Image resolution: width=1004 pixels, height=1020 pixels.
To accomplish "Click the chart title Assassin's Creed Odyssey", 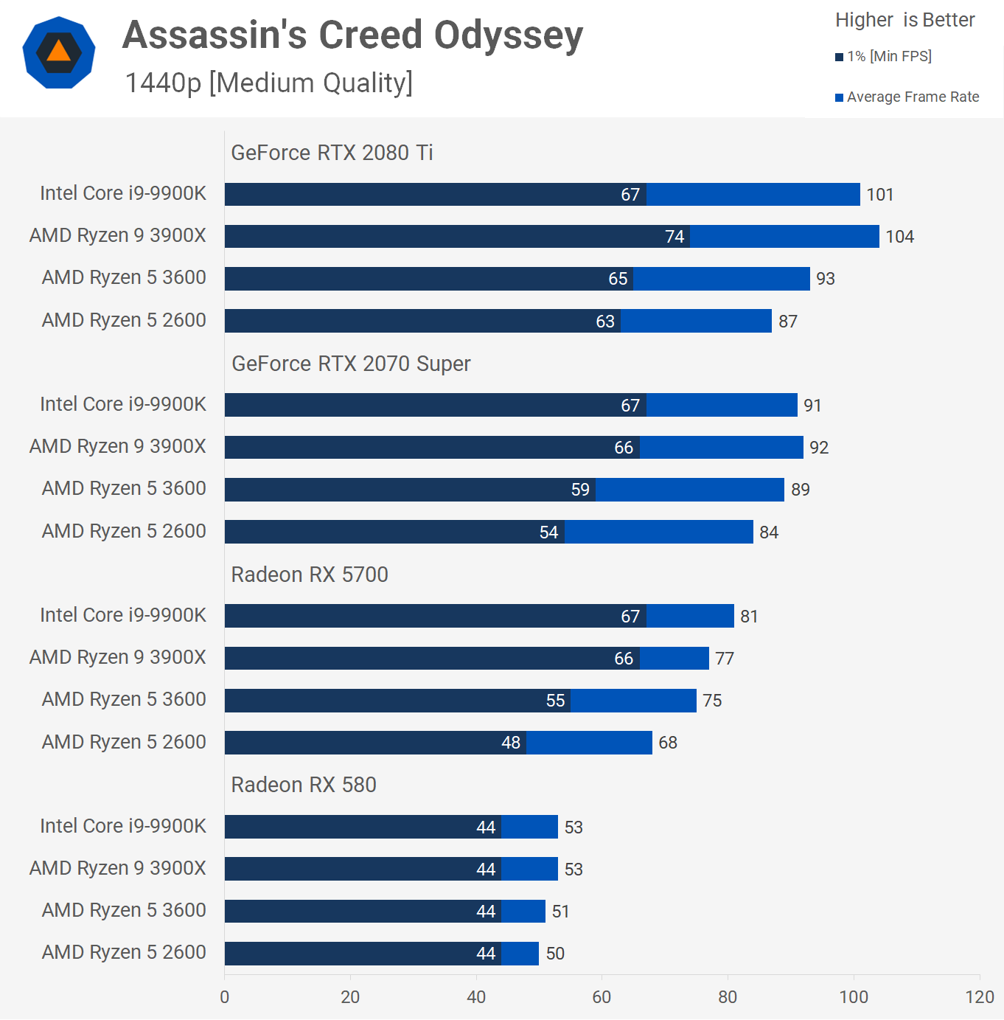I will (x=352, y=35).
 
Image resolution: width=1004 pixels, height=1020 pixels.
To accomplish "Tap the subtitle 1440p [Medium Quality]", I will (x=268, y=83).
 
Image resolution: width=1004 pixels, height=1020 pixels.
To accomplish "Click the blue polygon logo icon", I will (x=59, y=52).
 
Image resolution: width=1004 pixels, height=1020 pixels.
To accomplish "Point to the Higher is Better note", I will (x=904, y=20).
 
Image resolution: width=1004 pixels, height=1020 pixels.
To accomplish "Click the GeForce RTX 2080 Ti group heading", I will (x=332, y=153).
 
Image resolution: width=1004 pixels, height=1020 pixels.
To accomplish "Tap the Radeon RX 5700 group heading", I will (x=310, y=575).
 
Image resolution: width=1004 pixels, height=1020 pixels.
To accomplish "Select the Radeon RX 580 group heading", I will (x=304, y=785).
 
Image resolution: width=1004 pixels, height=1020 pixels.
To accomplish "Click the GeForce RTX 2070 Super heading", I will (x=351, y=364).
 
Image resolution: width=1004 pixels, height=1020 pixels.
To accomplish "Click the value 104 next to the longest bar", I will (x=899, y=237).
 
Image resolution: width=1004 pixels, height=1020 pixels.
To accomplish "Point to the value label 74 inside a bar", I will (x=674, y=237).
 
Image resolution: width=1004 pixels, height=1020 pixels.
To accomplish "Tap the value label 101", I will (x=879, y=195).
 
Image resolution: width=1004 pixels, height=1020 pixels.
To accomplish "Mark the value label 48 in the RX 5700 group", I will (x=511, y=743).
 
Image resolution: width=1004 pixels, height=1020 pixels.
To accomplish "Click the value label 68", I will (x=668, y=743).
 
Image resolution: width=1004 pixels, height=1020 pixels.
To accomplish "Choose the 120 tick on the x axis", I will (x=980, y=997).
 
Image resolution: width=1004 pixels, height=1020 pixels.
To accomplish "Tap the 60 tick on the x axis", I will (x=602, y=997).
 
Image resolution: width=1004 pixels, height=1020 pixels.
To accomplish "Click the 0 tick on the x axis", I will (x=225, y=997).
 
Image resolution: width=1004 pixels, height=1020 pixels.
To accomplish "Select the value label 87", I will (x=788, y=322).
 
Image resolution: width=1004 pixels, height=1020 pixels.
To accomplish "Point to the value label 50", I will (x=555, y=954).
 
